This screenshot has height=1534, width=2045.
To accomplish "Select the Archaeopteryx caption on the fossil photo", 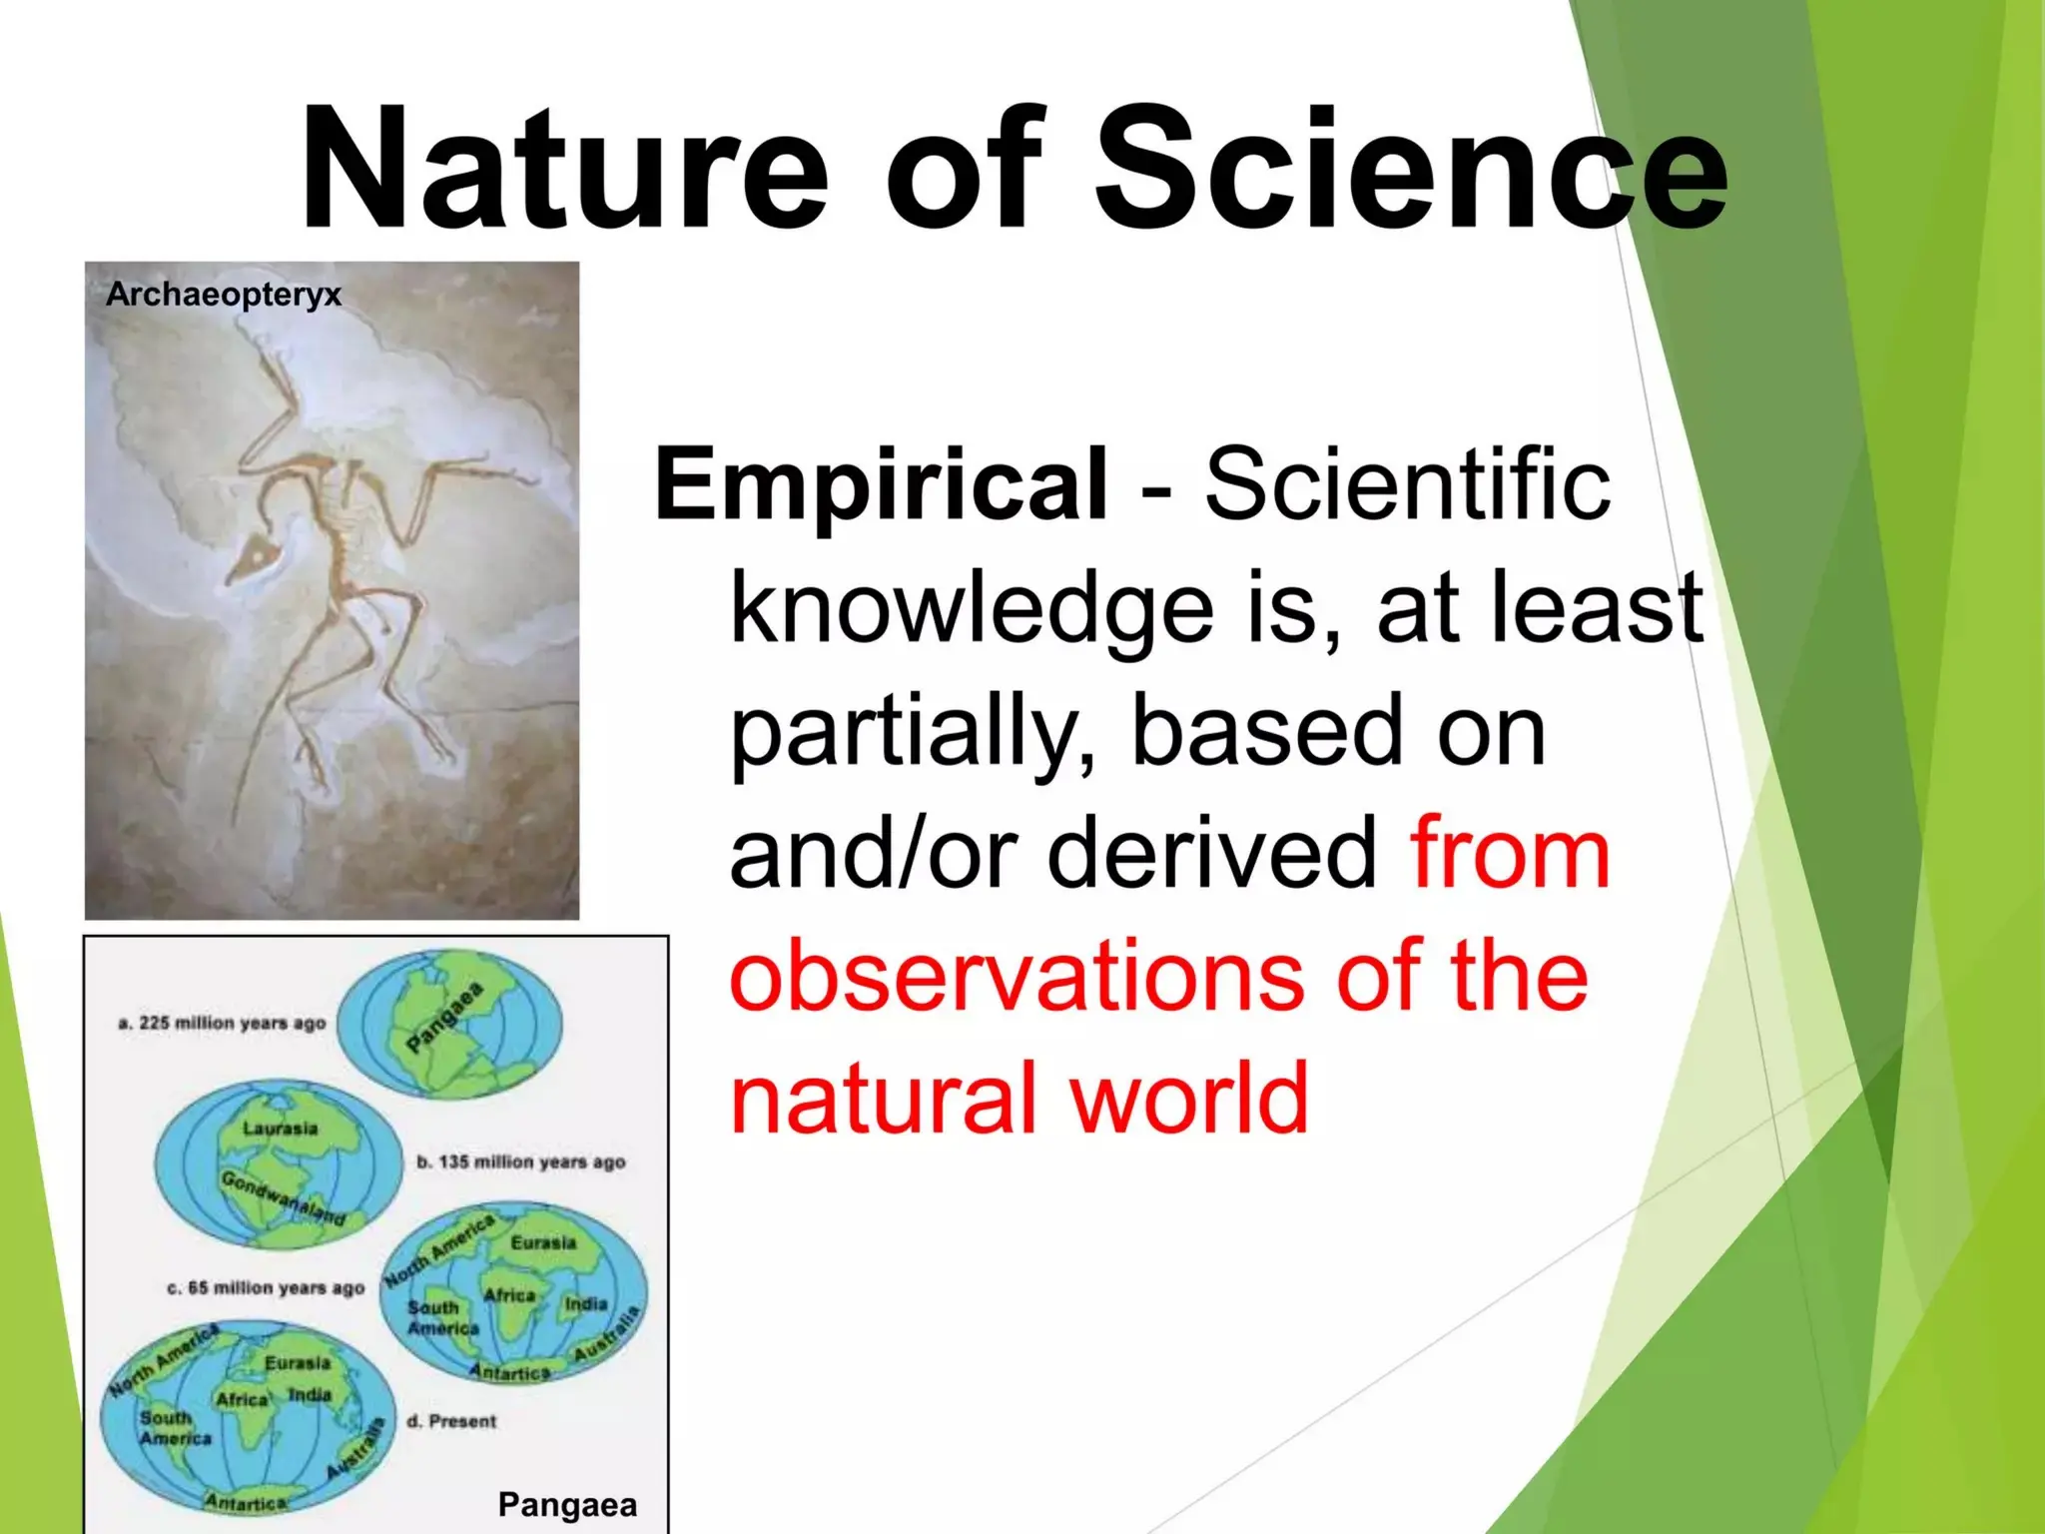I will click(224, 294).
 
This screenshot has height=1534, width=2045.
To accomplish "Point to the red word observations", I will click(1016, 976).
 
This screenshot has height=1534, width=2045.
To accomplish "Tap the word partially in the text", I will click(909, 732).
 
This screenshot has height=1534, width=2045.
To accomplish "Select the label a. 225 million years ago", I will click(222, 1023).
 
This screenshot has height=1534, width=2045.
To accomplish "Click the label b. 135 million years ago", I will click(520, 1161).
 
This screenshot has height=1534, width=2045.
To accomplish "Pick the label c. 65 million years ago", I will click(265, 1287).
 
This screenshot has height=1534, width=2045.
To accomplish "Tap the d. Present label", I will click(451, 1420).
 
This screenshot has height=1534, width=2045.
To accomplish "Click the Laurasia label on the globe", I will click(281, 1128).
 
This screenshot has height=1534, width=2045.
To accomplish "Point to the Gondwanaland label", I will click(283, 1198).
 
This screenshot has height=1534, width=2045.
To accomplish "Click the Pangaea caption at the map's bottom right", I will click(566, 1504).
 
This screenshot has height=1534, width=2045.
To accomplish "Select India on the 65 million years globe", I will click(585, 1303).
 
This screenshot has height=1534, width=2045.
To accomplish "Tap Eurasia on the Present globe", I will click(297, 1362).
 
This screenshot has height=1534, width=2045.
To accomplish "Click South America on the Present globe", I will click(175, 1427).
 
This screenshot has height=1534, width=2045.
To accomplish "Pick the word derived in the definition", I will click(1211, 854).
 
